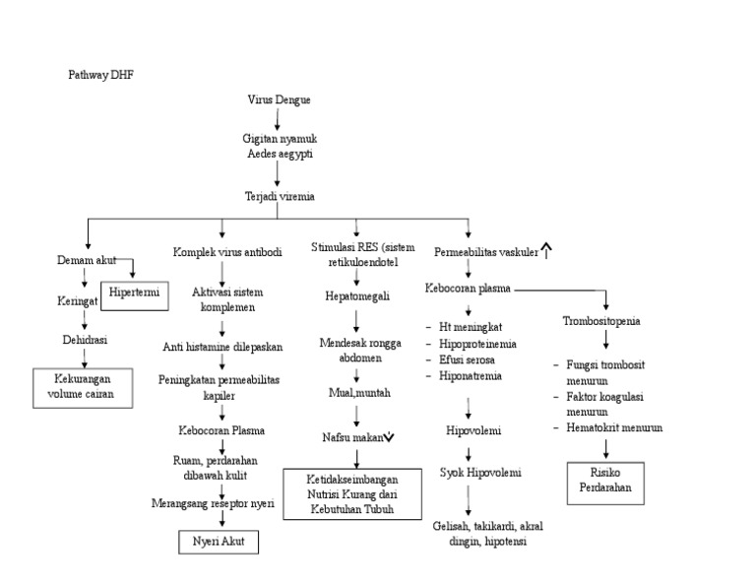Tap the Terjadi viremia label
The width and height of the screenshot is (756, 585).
(280, 197)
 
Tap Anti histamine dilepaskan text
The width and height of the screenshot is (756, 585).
(222, 347)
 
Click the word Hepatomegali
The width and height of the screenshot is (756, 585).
(356, 295)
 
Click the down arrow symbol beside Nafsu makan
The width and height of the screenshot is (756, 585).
(391, 437)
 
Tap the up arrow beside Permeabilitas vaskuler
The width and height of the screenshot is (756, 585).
(547, 251)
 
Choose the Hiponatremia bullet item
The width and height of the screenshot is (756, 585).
(470, 376)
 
